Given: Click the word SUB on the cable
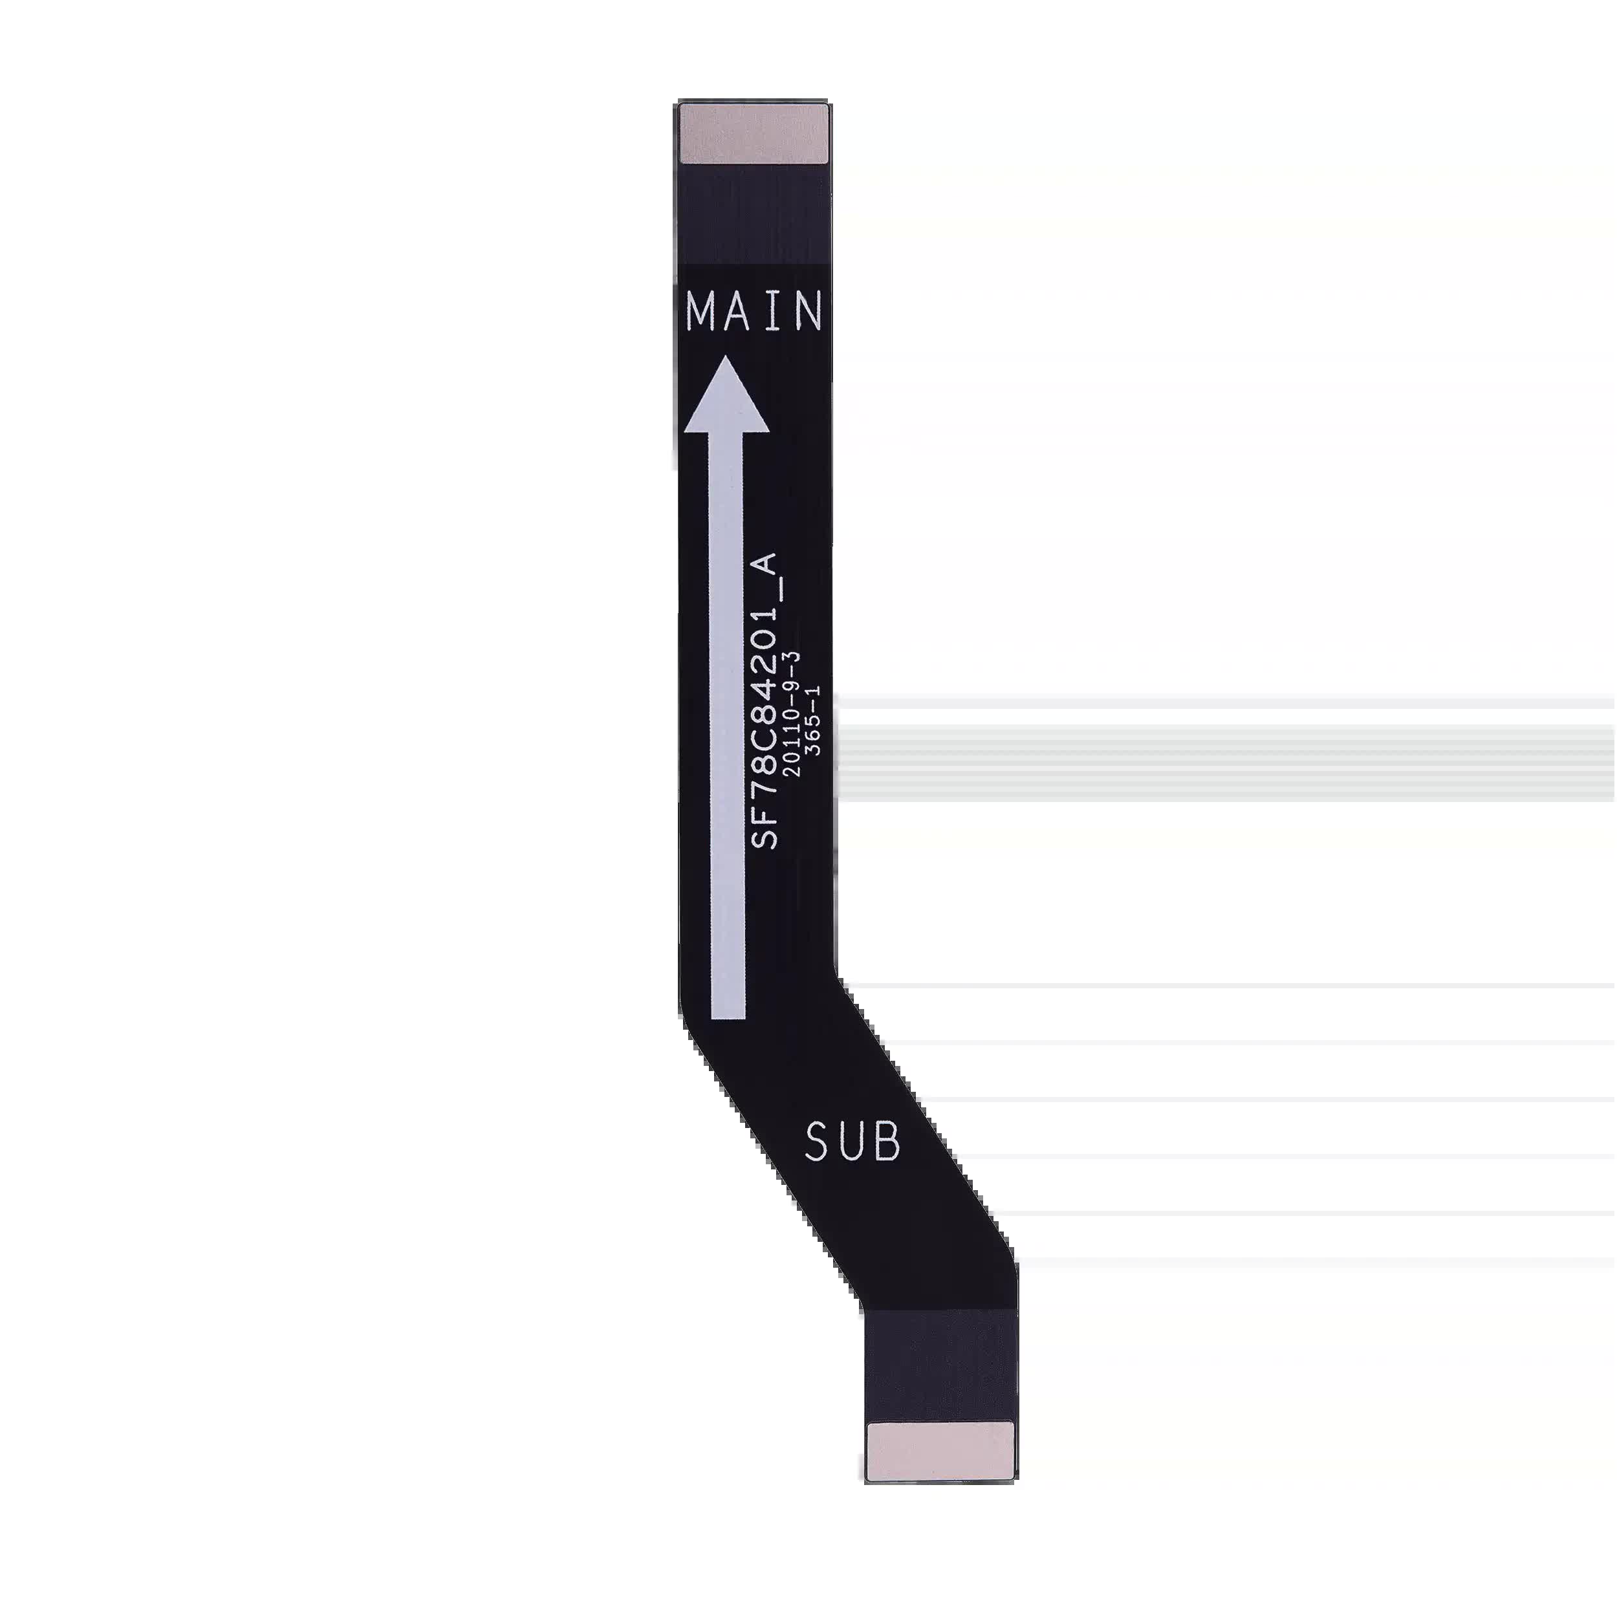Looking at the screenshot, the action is (853, 1142).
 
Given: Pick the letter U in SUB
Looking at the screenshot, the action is (853, 1142).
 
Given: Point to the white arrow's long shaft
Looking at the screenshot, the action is (727, 726).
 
